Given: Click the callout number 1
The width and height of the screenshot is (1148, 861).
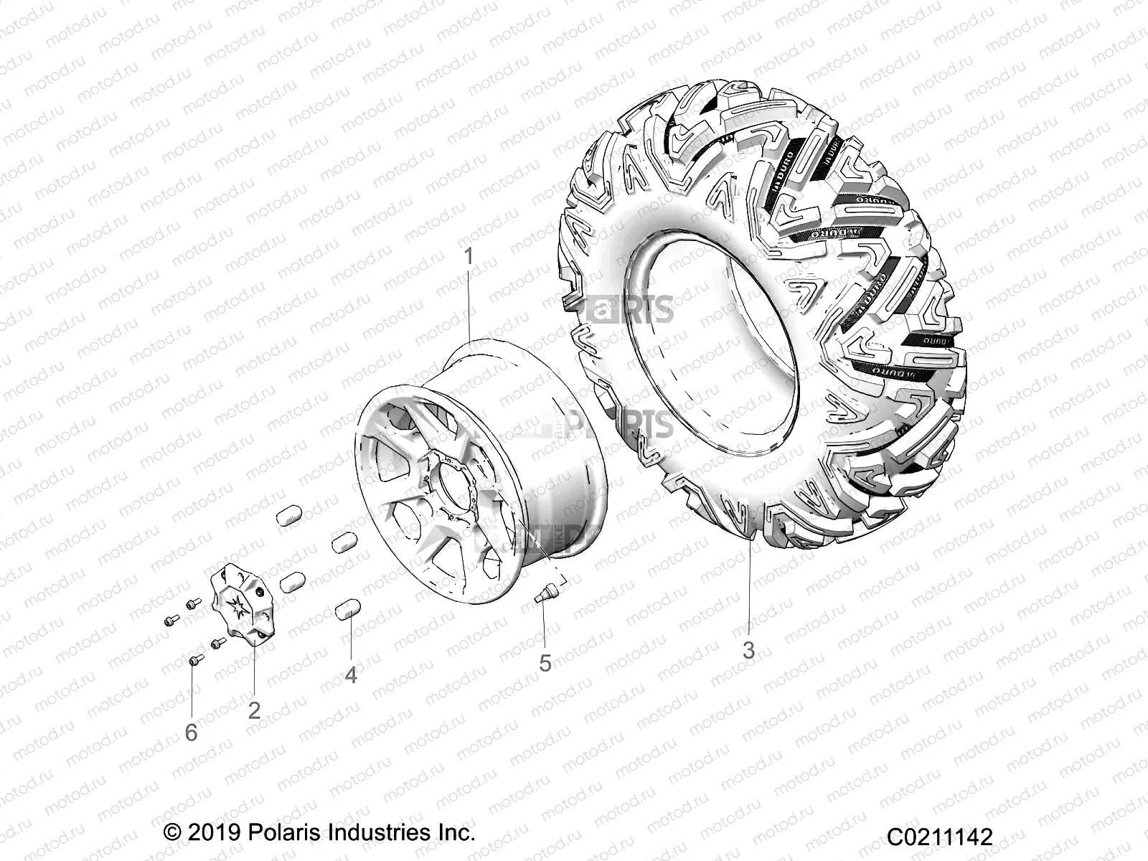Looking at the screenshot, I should [469, 256].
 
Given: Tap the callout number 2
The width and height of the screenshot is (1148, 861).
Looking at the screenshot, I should [254, 710].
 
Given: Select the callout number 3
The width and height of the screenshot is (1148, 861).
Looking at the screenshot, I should [748, 651].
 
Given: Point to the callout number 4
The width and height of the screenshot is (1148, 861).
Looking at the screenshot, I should [350, 675].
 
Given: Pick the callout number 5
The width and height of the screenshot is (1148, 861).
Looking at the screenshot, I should [545, 663].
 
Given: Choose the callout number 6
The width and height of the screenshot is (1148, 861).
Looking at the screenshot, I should [191, 733].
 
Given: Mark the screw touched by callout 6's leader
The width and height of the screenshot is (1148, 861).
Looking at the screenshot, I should [192, 660].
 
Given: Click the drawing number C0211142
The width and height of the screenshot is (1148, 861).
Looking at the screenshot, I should [939, 837].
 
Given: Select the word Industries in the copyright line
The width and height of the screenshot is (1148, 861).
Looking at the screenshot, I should [380, 833].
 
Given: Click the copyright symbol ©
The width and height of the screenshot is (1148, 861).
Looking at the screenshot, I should [172, 833].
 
